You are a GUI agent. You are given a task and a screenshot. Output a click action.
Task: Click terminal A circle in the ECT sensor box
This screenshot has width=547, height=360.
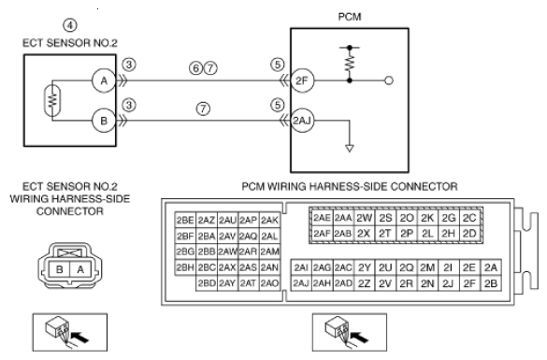[x=104, y=80]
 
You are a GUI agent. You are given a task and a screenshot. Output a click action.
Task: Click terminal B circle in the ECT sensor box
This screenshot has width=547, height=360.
[x=104, y=121]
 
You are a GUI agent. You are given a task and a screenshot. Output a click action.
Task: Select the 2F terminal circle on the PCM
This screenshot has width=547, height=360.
[x=302, y=80]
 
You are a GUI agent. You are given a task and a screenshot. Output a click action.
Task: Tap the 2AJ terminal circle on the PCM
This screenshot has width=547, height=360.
[x=302, y=121]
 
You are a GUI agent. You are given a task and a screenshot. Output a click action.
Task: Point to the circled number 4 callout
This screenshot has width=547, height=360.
[x=70, y=25]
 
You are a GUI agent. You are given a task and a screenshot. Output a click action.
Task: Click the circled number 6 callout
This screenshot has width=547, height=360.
[x=196, y=67]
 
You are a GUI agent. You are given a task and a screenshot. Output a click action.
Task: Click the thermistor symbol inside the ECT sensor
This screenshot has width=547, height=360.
[x=52, y=101]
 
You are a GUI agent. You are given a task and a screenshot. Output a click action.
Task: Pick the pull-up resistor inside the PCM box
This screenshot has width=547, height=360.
[x=350, y=63]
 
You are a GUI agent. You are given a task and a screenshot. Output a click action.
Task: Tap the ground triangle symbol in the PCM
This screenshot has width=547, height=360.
[x=350, y=149]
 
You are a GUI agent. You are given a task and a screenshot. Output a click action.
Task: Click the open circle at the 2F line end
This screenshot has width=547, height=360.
[x=389, y=80]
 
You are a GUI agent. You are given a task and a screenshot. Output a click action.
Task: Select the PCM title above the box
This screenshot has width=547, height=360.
[x=350, y=17]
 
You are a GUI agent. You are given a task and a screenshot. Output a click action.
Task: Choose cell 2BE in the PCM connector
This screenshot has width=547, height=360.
[x=185, y=220]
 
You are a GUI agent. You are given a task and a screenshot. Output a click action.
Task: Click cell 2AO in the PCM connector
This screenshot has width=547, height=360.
[x=269, y=283]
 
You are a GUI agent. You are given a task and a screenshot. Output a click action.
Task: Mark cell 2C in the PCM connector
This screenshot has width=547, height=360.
[x=470, y=218]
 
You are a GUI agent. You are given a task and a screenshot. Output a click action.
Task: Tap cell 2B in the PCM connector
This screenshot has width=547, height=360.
[x=491, y=283]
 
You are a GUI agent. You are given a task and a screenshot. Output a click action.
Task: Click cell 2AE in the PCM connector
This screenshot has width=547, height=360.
[x=322, y=218]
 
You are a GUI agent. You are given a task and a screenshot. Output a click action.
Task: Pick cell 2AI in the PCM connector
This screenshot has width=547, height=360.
[x=301, y=267]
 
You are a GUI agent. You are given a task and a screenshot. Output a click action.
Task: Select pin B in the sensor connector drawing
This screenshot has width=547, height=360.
[x=60, y=269]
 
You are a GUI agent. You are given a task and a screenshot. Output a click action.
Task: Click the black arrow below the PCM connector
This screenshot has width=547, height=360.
[x=359, y=337]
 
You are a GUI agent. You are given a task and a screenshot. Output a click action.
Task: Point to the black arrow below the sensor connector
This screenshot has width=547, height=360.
[x=79, y=337]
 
